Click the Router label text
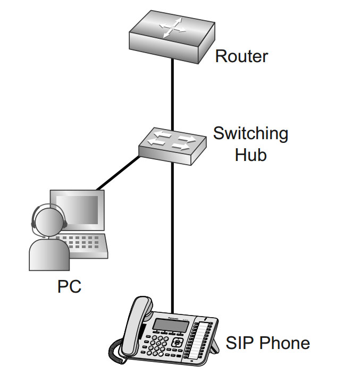tap(241, 56)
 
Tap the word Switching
tap(250, 133)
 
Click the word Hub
tap(249, 155)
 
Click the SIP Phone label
tap(267, 343)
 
